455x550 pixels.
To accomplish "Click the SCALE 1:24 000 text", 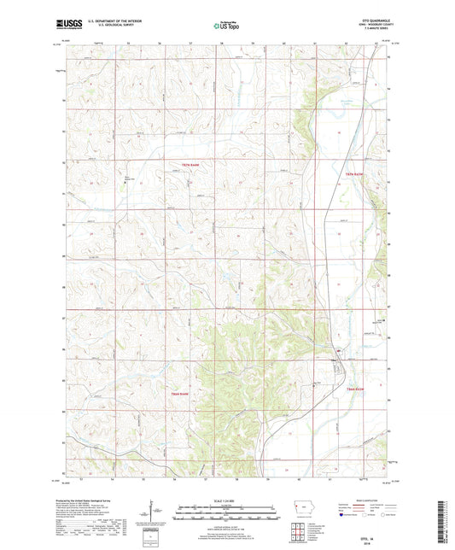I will tap(227, 500).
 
